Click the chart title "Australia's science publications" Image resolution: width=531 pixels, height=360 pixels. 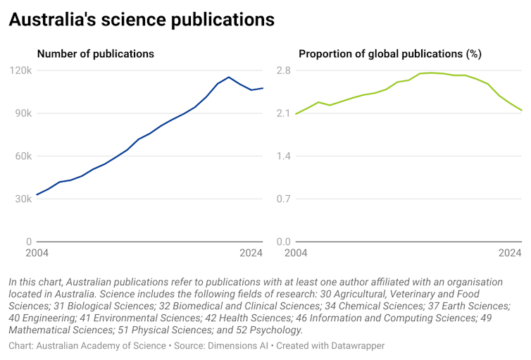pyautogui.click(x=142, y=20)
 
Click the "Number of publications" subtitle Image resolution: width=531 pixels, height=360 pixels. pyautogui.click(x=95, y=54)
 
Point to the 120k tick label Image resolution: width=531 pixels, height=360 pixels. pyautogui.click(x=20, y=70)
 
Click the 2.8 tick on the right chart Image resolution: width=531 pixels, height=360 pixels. pyautogui.click(x=284, y=70)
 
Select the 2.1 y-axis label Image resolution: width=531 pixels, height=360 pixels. pyautogui.click(x=284, y=113)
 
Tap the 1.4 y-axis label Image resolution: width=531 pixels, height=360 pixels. pyautogui.click(x=284, y=156)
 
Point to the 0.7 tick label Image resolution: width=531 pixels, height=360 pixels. pyautogui.click(x=284, y=199)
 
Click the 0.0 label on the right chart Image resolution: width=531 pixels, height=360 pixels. pyautogui.click(x=284, y=242)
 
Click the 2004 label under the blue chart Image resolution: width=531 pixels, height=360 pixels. pyautogui.click(x=37, y=254)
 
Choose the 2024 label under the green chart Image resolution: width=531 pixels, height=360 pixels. pyautogui.click(x=510, y=254)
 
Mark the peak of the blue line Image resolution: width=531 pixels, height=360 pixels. pyautogui.click(x=229, y=77)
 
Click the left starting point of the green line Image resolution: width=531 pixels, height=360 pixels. pyautogui.click(x=296, y=113)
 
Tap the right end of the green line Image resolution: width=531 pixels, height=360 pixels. pyautogui.click(x=521, y=111)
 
